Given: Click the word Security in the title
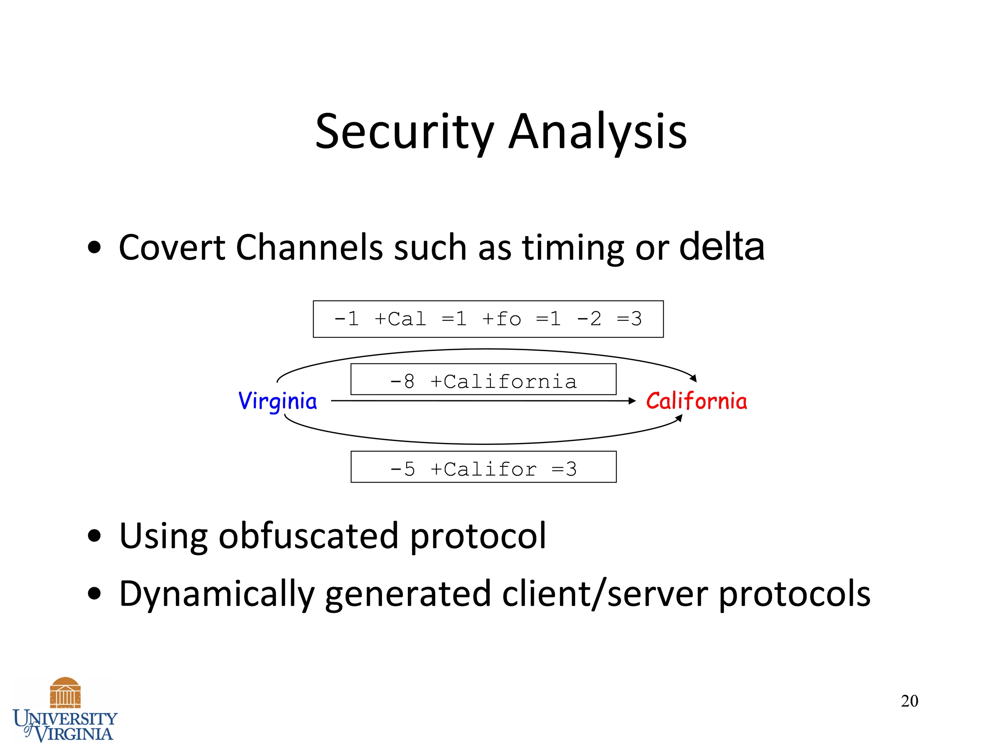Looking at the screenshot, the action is (404, 132).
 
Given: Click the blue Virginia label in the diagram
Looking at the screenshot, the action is (277, 401).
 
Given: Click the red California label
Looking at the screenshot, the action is (697, 401).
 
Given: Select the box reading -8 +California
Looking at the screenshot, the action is (483, 380).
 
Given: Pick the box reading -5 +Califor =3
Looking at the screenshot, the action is (483, 467).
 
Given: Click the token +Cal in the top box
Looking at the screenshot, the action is (400, 319).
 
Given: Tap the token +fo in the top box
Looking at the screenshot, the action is (501, 319).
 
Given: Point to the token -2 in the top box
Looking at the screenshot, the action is (589, 319).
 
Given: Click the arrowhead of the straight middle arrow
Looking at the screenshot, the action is (632, 401).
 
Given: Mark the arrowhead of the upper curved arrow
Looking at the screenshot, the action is (693, 378).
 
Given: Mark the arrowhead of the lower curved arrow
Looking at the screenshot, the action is (679, 418).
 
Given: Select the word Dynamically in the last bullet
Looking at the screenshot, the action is (217, 594).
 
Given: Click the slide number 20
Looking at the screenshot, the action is (910, 701).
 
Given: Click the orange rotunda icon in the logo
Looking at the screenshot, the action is (65, 692).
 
